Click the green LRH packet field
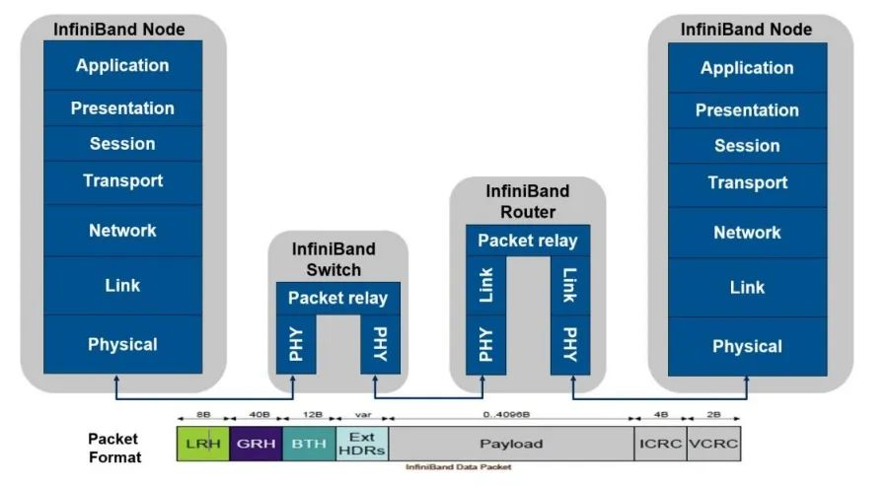point(203,444)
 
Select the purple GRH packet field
point(256,444)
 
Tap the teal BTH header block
point(309,444)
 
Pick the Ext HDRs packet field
point(362,444)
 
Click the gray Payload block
point(511,444)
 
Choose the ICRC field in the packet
point(660,444)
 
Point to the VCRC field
point(713,444)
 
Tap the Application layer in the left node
point(122,66)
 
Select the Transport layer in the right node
point(747,182)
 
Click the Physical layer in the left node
point(122,344)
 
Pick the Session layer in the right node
point(747,146)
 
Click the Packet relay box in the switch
point(337,298)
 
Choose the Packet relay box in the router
point(528,241)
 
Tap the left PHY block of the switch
point(296,344)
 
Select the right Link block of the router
point(570,285)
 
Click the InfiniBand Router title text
point(528,202)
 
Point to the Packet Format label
point(114,448)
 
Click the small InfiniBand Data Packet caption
point(458,466)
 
